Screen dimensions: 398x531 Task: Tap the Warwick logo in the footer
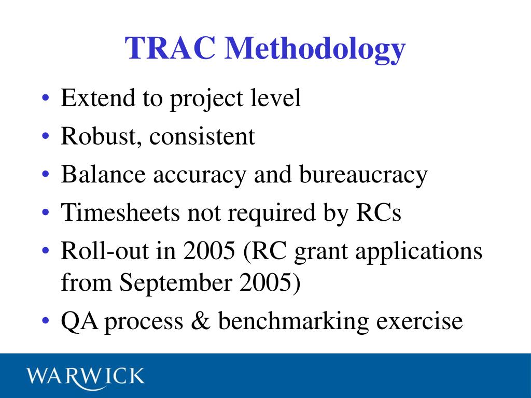pyautogui.click(x=86, y=376)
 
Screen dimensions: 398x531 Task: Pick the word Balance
pyautogui.click(x=102, y=175)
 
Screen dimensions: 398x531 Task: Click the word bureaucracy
pyautogui.click(x=363, y=176)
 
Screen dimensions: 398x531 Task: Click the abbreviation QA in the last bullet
pyautogui.click(x=79, y=321)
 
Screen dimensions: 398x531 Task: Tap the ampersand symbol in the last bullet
pyautogui.click(x=200, y=321)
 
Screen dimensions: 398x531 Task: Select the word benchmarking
pyautogui.click(x=294, y=321)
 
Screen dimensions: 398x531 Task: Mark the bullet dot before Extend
pyautogui.click(x=47, y=98)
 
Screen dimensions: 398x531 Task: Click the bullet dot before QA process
pyautogui.click(x=47, y=322)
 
